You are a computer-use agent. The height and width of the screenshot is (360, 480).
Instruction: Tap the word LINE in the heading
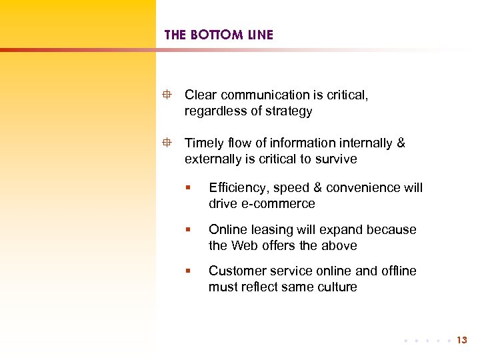tap(259, 35)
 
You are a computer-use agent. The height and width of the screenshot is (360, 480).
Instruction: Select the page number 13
tap(463, 340)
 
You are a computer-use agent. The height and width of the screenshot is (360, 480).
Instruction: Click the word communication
tap(257, 95)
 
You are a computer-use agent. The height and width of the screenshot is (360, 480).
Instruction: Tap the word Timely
tap(203, 143)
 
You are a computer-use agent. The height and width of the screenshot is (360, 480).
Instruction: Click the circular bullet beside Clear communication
tap(170, 95)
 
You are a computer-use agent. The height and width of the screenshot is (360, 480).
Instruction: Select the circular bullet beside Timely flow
tap(170, 143)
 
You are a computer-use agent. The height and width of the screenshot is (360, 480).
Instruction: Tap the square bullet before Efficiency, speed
tap(189, 189)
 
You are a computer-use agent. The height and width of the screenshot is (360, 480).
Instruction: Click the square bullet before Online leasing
tap(189, 231)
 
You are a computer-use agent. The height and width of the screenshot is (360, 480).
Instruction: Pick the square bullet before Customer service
tap(189, 272)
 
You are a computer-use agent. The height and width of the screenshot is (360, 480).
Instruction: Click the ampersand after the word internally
tap(400, 143)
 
